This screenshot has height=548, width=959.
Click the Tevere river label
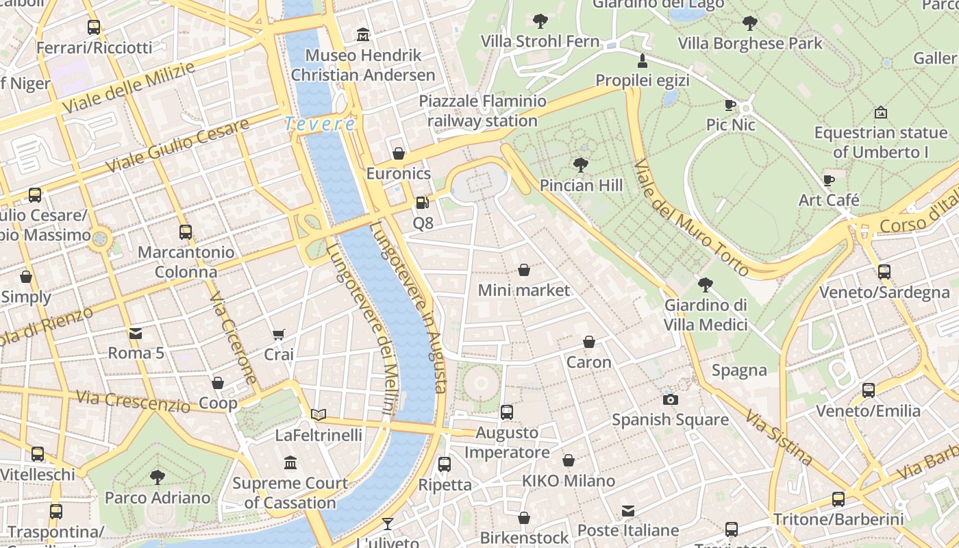(x=319, y=124)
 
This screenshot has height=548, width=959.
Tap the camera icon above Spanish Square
(x=670, y=399)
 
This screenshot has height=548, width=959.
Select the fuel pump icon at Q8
(x=422, y=203)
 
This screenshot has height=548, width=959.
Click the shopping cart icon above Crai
(x=278, y=334)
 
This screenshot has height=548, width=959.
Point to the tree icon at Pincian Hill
(x=581, y=165)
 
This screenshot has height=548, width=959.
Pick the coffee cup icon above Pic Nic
(x=730, y=105)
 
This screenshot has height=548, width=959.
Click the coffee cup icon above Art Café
(x=829, y=180)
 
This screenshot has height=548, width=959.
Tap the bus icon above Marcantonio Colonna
(x=185, y=232)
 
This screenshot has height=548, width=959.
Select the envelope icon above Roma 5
(x=136, y=334)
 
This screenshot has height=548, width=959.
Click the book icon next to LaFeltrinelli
(x=319, y=414)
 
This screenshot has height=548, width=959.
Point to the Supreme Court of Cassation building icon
(x=290, y=463)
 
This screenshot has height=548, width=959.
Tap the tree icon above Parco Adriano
(x=157, y=477)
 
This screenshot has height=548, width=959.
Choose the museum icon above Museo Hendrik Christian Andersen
(x=362, y=34)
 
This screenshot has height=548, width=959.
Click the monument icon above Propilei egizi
(x=642, y=60)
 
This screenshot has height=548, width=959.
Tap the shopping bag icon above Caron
(x=588, y=341)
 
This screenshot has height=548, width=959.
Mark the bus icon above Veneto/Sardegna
(x=884, y=272)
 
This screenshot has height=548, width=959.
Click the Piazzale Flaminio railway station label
(x=483, y=112)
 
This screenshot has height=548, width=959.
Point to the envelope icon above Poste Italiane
(x=628, y=510)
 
